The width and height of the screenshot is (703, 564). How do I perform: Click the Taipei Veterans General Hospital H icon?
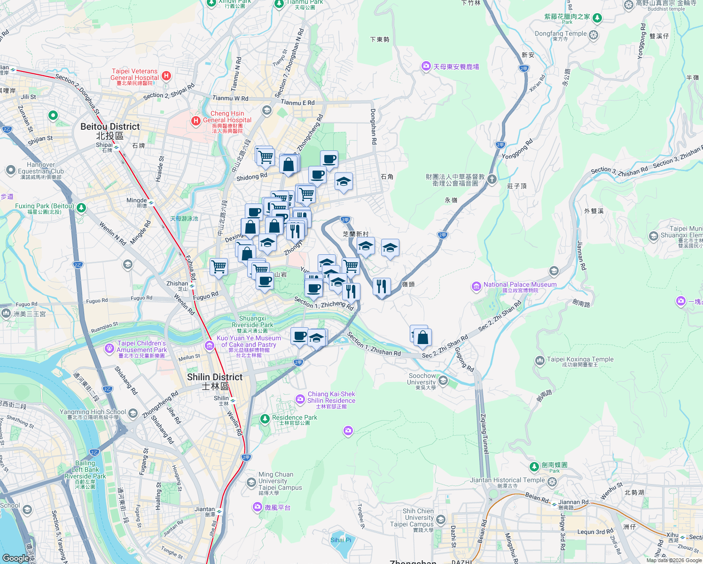pos(166,76)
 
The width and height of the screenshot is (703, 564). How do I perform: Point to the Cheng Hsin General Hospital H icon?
pos(196,121)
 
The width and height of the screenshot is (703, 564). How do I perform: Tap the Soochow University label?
pos(422,379)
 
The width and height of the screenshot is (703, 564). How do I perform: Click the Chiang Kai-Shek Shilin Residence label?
pos(331,398)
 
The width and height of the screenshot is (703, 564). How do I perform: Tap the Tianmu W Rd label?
pos(230,98)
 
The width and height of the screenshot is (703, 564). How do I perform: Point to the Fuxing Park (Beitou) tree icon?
pos(81,207)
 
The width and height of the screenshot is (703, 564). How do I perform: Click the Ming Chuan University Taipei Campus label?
pos(280,481)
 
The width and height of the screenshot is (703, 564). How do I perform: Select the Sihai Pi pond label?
pos(341,540)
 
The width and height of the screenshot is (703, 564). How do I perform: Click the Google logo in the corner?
pos(16,558)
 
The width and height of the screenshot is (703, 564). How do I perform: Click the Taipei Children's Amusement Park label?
pos(142,347)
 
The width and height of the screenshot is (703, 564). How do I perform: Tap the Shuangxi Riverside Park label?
pos(252,321)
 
